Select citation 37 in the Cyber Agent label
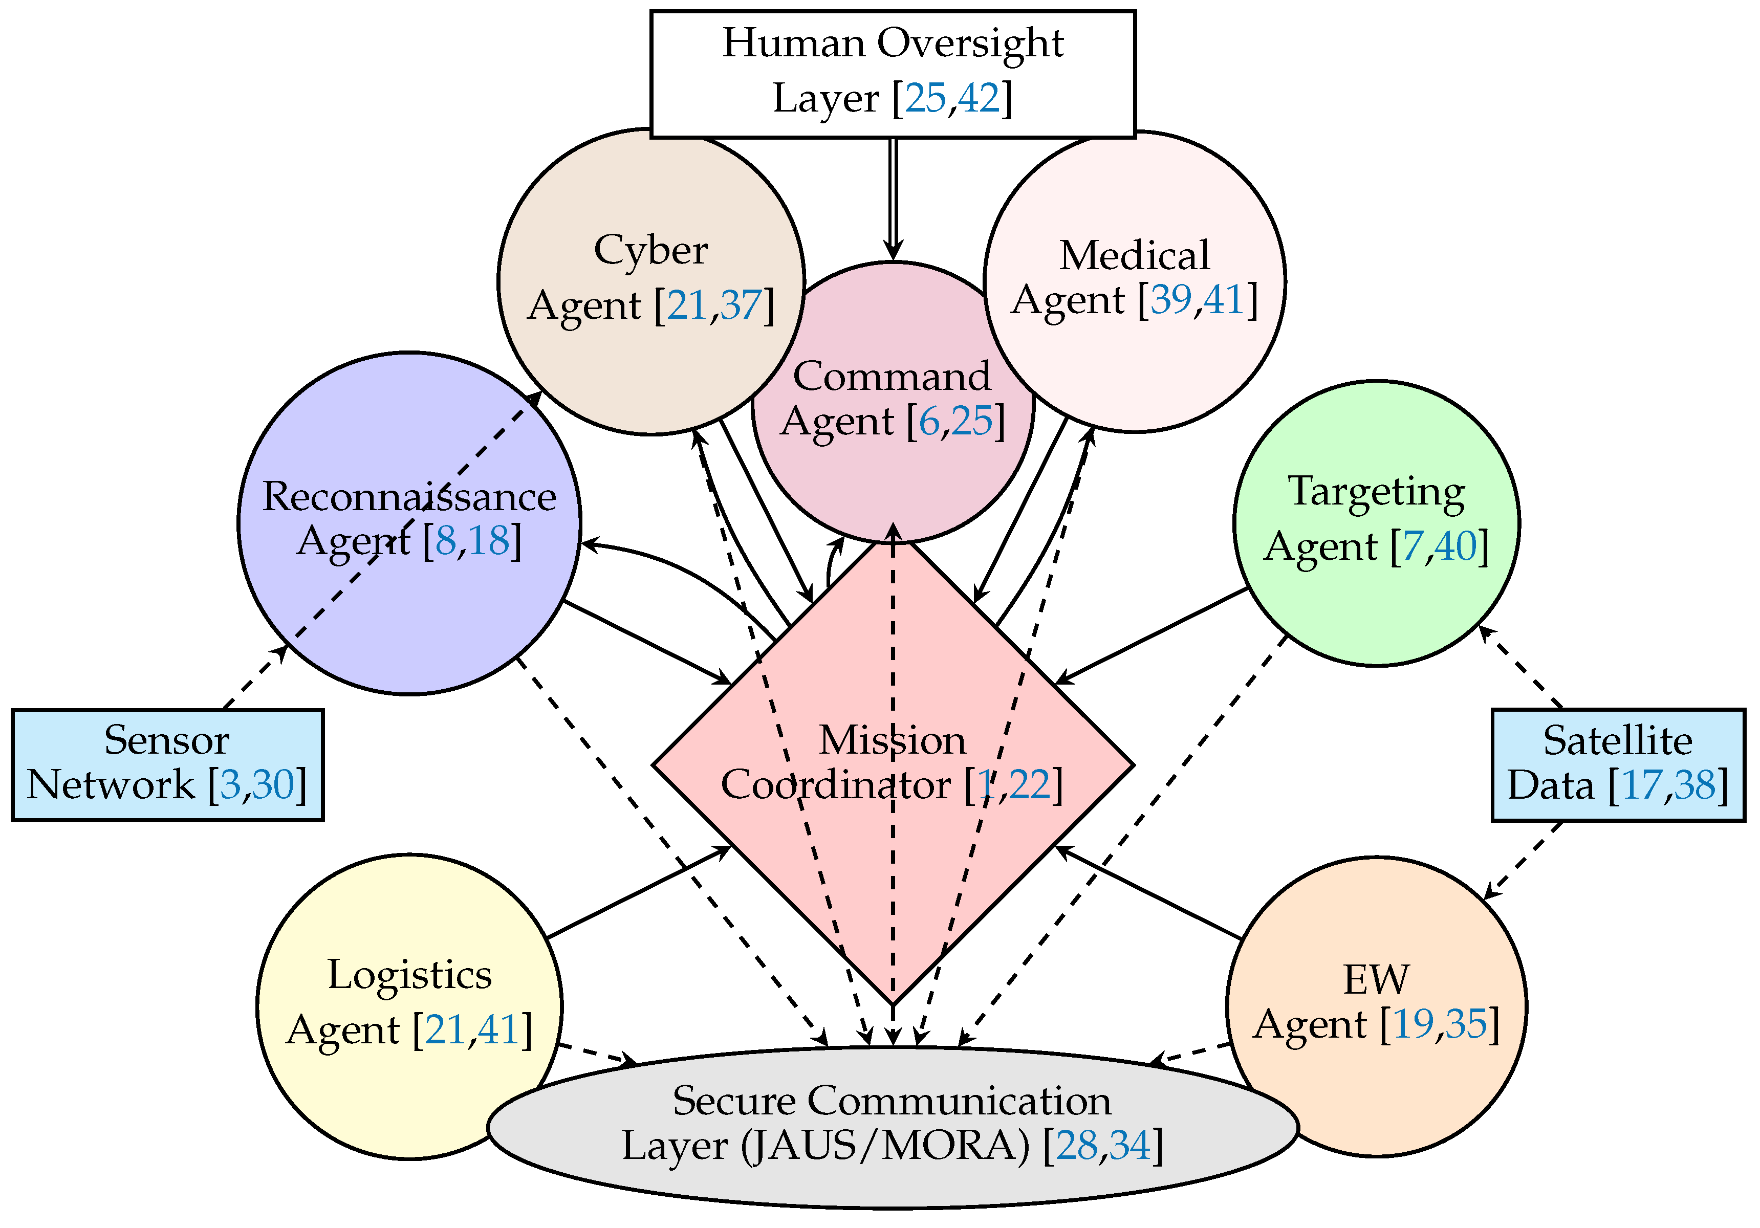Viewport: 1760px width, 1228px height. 741,305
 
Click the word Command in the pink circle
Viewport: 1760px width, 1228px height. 892,377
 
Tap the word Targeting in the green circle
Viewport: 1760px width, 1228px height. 1376,491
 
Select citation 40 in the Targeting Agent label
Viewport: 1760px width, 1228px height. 1455,546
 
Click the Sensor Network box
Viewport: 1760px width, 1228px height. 167,764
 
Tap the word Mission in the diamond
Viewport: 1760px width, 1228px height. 892,740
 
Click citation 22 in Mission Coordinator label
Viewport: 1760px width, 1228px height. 1030,785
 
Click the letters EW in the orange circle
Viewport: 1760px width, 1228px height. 1376,980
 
